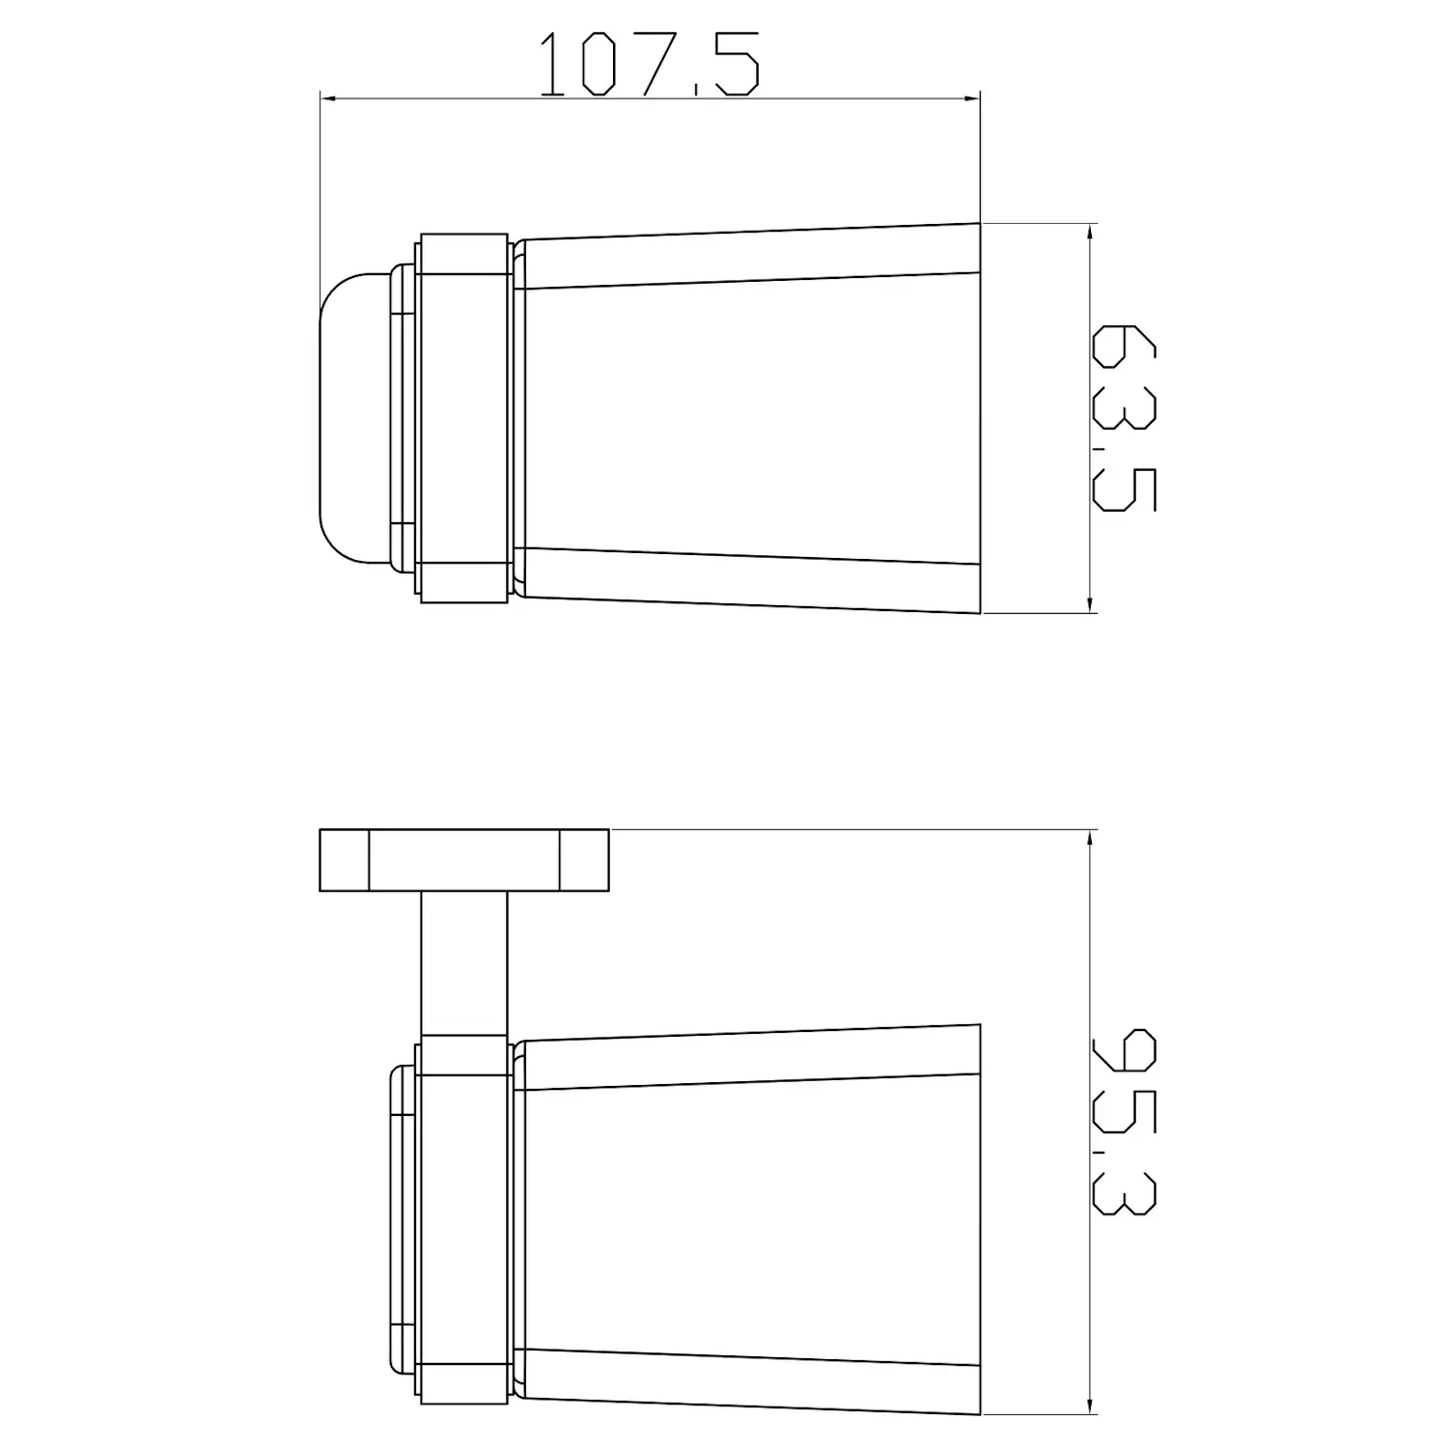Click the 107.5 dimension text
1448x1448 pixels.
point(649,65)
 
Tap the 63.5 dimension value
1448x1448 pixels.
point(1124,417)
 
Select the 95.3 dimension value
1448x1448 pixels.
point(1124,1122)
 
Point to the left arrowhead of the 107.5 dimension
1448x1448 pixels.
point(328,97)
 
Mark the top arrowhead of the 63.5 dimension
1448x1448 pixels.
point(1091,233)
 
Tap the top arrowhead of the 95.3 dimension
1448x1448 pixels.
point(1091,838)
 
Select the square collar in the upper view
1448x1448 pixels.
point(464,417)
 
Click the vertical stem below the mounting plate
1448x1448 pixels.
point(464,962)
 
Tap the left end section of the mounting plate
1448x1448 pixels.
point(344,860)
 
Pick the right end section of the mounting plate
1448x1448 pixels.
point(584,860)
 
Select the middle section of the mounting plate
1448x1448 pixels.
point(464,860)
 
